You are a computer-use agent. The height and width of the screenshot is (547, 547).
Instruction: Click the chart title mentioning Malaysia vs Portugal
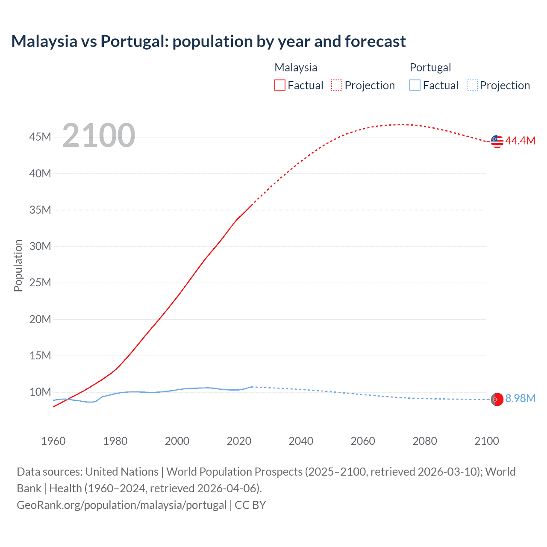(208, 41)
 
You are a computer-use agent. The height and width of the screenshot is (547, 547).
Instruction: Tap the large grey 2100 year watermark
(99, 135)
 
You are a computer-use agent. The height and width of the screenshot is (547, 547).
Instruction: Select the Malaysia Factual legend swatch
(280, 85)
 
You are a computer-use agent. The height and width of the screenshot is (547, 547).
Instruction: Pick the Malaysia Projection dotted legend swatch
(337, 85)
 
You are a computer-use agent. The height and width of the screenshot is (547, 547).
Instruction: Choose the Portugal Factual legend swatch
(415, 85)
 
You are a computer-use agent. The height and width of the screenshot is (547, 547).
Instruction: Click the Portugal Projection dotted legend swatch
(472, 85)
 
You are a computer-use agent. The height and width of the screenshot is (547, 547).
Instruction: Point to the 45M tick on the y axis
(40, 137)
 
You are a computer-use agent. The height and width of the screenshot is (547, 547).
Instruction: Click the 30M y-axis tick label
(40, 247)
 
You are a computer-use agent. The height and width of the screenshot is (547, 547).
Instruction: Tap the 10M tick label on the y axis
(40, 392)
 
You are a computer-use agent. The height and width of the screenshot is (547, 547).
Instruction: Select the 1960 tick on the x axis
(53, 441)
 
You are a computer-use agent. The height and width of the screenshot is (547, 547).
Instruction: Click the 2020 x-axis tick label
(239, 441)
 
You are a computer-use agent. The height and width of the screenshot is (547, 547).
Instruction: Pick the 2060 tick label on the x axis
(363, 441)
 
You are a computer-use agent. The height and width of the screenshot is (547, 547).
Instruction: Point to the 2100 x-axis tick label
(486, 441)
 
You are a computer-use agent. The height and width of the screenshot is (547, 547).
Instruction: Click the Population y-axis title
(18, 265)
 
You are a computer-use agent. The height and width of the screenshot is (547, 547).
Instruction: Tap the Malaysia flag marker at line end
(497, 141)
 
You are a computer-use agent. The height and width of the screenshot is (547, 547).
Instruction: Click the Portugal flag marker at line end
(497, 400)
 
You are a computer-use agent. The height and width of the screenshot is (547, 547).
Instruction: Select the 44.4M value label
(520, 141)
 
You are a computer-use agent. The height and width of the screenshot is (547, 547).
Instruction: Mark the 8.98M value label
(520, 399)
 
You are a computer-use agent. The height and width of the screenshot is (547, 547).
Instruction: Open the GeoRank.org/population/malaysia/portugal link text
(122, 505)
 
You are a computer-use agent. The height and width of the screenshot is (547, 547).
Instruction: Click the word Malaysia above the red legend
(296, 68)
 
